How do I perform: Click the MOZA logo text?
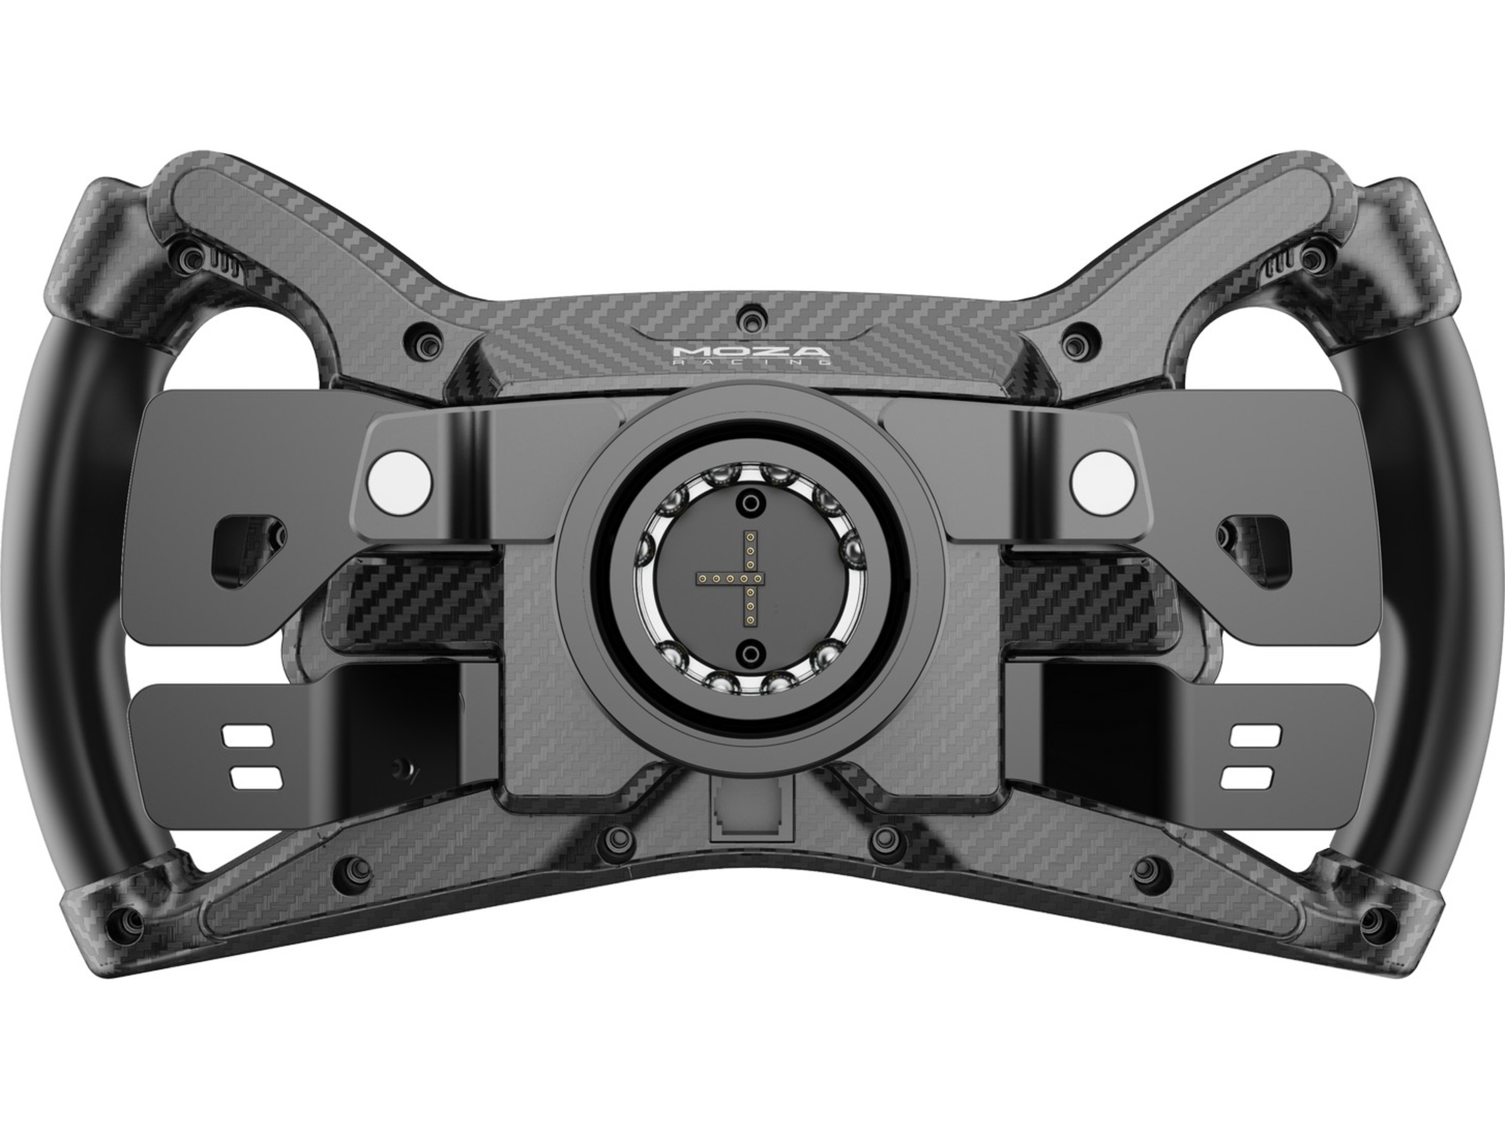point(751,353)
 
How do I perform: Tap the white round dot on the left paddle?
point(398,480)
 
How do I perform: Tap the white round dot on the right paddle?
point(1103,480)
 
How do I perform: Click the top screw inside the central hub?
point(750,503)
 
